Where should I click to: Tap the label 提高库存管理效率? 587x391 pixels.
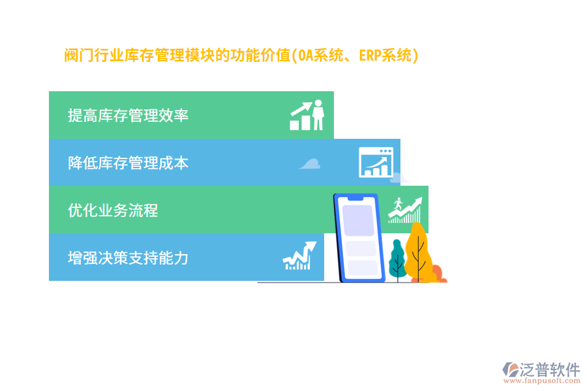click(x=128, y=115)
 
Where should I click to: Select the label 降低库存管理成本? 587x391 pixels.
click(x=128, y=163)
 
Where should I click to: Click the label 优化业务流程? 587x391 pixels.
click(x=113, y=210)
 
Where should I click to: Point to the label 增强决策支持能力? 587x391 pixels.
click(x=128, y=258)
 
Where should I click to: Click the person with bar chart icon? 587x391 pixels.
click(x=307, y=115)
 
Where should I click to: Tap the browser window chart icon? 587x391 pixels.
click(x=376, y=163)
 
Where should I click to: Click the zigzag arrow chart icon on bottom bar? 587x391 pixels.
click(x=299, y=256)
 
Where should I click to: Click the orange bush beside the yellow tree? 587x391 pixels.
click(x=436, y=273)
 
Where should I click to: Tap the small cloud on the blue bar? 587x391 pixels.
click(x=310, y=164)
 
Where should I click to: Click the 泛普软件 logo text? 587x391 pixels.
click(x=550, y=369)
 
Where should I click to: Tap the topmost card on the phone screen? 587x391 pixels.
click(x=359, y=220)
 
